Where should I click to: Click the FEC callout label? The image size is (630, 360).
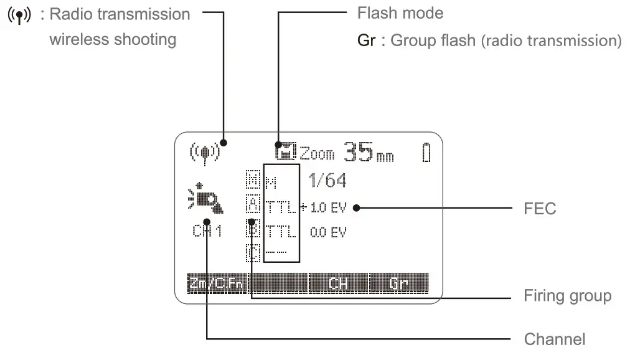pyautogui.click(x=540, y=209)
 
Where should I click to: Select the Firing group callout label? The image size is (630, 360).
pyautogui.click(x=567, y=295)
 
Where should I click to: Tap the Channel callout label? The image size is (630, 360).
pyautogui.click(x=554, y=339)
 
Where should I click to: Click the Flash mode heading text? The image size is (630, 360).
pyautogui.click(x=400, y=13)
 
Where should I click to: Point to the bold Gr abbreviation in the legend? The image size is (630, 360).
pyautogui.click(x=366, y=41)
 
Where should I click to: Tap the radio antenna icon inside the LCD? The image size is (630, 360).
pyautogui.click(x=205, y=151)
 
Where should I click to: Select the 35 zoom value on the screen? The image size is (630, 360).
pyautogui.click(x=359, y=151)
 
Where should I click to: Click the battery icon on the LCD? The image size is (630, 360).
pyautogui.click(x=426, y=153)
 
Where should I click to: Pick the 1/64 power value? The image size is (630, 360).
pyautogui.click(x=327, y=181)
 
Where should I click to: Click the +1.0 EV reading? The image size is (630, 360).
pyautogui.click(x=324, y=208)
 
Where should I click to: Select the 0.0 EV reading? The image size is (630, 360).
pyautogui.click(x=327, y=232)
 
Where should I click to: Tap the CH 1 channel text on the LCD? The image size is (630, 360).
pyautogui.click(x=207, y=232)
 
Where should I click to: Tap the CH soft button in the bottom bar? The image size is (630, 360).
pyautogui.click(x=338, y=285)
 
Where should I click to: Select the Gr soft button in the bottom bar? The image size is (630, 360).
pyautogui.click(x=398, y=285)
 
